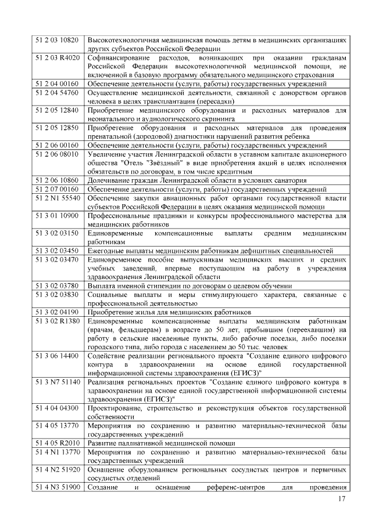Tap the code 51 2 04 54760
(x=57, y=93)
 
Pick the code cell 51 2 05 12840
(x=57, y=110)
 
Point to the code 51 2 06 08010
(x=57, y=154)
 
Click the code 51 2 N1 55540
(x=57, y=198)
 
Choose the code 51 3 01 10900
(x=57, y=215)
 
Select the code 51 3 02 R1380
(x=57, y=321)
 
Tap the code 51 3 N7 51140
(x=57, y=382)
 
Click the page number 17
(x=342, y=500)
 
